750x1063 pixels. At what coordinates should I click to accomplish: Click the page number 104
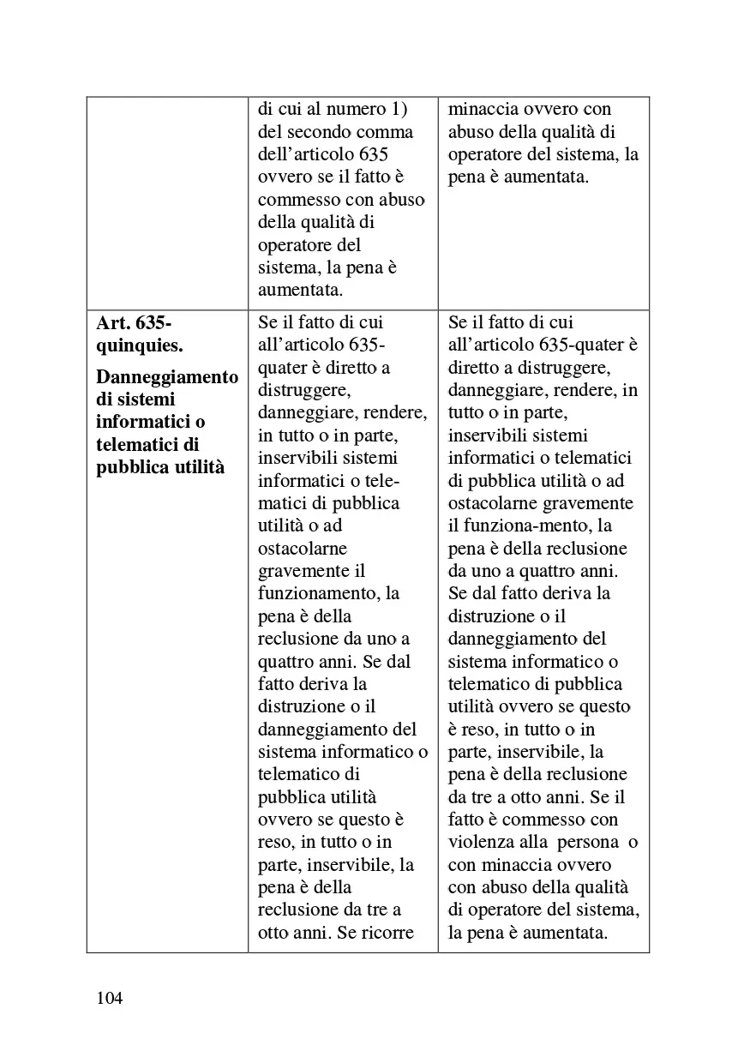tap(109, 998)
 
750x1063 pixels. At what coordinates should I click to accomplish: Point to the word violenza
tap(485, 842)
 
